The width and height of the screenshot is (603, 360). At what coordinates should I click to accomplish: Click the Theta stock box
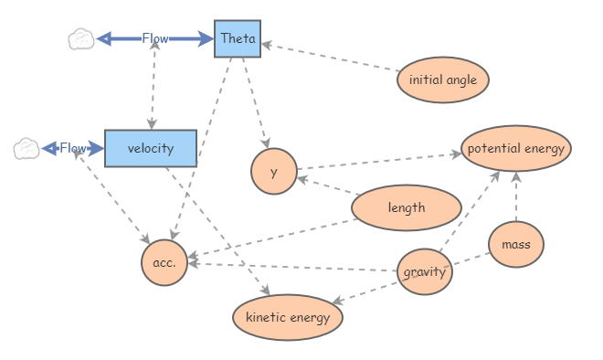238,38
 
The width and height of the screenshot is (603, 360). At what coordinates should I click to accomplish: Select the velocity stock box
151,148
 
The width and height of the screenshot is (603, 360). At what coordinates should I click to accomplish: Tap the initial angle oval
443,80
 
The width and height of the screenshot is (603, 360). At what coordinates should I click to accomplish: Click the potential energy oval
516,148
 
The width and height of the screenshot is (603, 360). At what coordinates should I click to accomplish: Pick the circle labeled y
274,172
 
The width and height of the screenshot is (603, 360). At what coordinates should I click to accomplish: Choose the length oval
407,207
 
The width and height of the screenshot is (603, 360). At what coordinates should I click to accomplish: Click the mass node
516,244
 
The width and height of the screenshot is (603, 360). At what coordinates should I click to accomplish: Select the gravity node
425,272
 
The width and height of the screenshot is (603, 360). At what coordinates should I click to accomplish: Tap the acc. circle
164,262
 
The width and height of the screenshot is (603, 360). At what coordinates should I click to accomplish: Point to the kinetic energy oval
288,317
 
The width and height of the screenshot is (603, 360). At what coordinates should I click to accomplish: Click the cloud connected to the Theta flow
81,38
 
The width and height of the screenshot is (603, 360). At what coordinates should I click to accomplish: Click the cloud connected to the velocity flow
26,148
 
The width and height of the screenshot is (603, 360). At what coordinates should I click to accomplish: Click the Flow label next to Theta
155,38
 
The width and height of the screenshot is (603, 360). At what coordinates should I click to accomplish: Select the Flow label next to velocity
73,148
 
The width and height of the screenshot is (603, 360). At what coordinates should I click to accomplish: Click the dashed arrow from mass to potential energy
516,196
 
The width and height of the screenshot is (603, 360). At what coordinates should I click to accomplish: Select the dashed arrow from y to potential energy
379,161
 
